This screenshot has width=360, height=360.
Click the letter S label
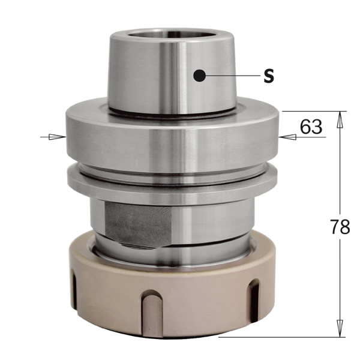coord(269,76)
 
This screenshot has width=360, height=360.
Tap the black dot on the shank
coord(200,76)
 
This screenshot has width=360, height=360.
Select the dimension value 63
coord(311,127)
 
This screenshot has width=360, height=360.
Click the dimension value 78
coord(341,227)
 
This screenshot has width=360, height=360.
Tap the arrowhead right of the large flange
coord(287,137)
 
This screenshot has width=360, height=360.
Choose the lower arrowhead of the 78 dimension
coord(340,329)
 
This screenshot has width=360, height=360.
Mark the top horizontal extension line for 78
coord(312,112)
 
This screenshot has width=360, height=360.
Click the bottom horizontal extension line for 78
coord(282,337)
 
